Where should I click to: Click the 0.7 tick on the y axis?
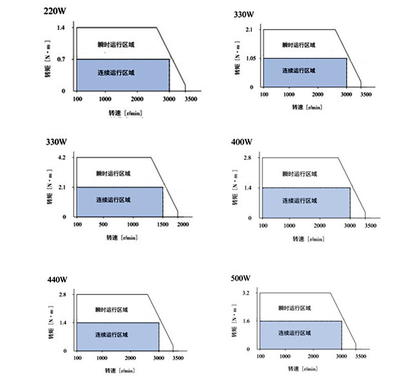[61, 59]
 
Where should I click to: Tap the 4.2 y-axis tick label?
[61, 158]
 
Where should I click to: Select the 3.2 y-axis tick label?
[246, 292]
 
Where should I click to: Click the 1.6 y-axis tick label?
[246, 321]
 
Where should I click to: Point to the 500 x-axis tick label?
[103, 225]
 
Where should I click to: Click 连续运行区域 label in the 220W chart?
[116, 72]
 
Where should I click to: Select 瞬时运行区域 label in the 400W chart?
[299, 174]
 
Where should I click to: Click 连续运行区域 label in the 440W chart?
[111, 335]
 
